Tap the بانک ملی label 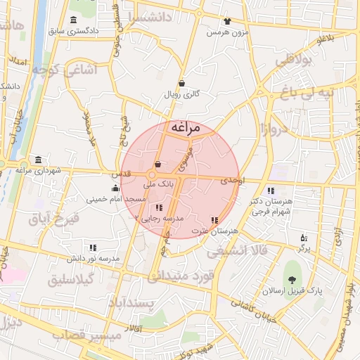point(158,184)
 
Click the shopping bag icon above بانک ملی point(157,165)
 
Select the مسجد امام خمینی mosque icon point(115,188)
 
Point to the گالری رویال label point(181,94)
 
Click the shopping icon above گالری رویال point(181,83)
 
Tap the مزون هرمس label point(226,32)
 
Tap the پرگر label point(304,249)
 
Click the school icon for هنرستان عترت point(214,220)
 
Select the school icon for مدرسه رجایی point(160,207)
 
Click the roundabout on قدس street point(152,174)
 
